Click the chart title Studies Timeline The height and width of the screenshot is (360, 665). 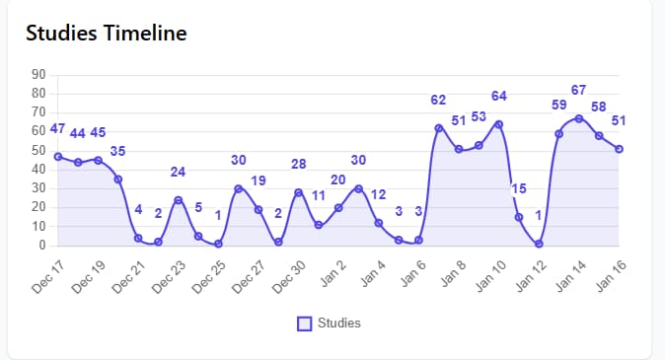point(107,33)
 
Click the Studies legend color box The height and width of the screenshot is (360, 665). point(305,323)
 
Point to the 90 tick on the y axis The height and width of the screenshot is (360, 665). point(39,74)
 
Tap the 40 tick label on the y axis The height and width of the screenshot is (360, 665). point(39,170)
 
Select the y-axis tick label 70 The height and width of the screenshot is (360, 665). point(39,112)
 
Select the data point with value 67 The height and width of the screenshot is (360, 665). point(579,118)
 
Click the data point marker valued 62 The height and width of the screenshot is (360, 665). point(439,128)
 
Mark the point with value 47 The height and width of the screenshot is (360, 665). point(58,156)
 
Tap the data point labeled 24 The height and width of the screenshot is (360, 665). point(178,200)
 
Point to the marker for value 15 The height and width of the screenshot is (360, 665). point(519,217)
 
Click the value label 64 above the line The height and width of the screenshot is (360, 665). point(499,96)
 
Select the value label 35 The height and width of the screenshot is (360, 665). point(117,151)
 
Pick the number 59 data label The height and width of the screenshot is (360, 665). point(558,105)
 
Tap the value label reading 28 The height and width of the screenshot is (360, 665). point(298,164)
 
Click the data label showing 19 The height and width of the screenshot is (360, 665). point(259,180)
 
